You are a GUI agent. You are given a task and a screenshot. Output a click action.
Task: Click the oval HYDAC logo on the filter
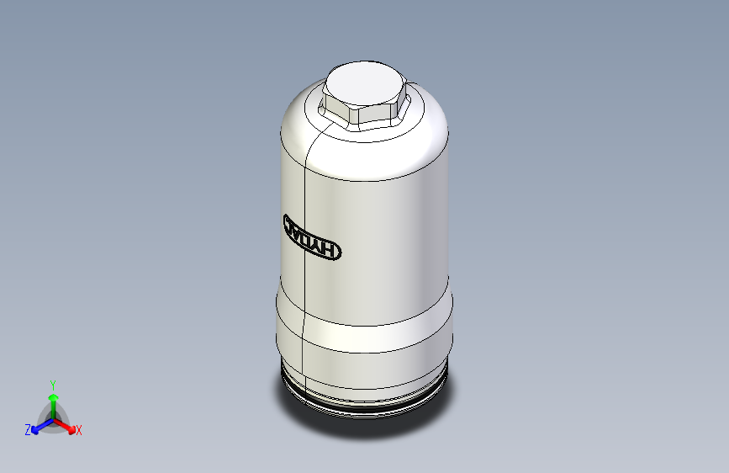pyautogui.click(x=310, y=237)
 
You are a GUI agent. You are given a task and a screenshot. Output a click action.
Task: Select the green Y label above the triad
pyautogui.click(x=53, y=384)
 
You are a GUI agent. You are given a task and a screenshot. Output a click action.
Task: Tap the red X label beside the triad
pyautogui.click(x=79, y=430)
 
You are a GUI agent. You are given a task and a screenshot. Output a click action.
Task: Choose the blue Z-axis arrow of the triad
pyautogui.click(x=39, y=425)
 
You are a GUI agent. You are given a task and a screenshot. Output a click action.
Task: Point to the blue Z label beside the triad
pyautogui.click(x=28, y=430)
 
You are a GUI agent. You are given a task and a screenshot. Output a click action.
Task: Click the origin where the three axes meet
pyautogui.click(x=53, y=417)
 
